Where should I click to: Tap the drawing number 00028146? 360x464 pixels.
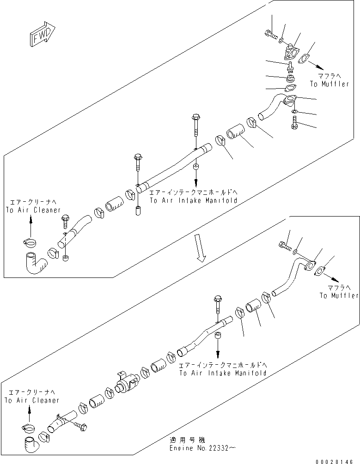tap(338, 460)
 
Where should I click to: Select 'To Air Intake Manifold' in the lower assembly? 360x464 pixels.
tap(223, 372)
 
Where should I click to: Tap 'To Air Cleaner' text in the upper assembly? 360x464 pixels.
tap(33, 210)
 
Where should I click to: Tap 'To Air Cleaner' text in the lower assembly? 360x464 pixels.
tap(32, 400)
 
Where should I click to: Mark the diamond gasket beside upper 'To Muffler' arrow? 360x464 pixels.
tap(304, 59)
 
